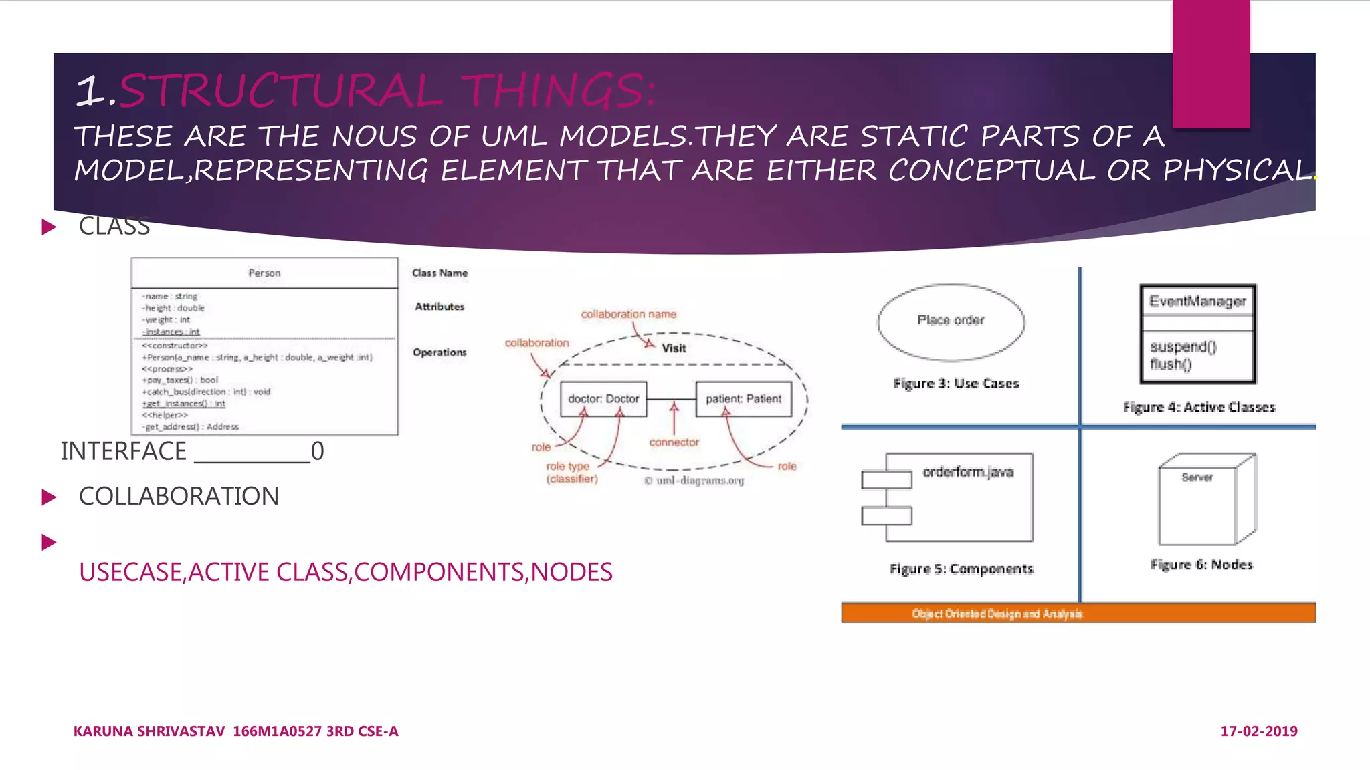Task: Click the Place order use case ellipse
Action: [951, 322]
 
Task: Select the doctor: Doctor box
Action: [603, 399]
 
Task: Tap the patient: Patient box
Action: [743, 399]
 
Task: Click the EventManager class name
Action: [1197, 301]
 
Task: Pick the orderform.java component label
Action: [968, 472]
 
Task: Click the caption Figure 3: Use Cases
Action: [956, 384]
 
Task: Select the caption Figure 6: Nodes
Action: [1201, 565]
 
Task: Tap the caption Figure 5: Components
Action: [961, 569]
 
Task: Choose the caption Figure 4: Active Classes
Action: [1199, 407]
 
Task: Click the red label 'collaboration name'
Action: [628, 314]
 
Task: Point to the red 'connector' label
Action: [674, 442]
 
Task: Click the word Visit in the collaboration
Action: [674, 348]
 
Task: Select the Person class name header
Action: [264, 273]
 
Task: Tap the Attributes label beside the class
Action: [439, 307]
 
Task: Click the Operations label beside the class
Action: [439, 352]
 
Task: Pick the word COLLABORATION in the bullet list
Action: [179, 497]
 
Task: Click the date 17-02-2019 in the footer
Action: [1258, 731]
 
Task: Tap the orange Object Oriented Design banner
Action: [1078, 613]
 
